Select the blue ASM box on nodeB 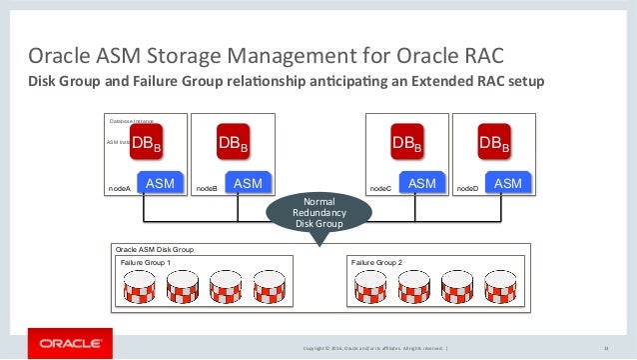coord(248,184)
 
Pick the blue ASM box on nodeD coord(507,184)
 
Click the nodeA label coord(119,187)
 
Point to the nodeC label coord(380,187)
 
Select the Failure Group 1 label coord(145,262)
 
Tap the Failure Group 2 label coord(376,262)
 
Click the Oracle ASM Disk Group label coord(155,248)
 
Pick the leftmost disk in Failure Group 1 coord(139,287)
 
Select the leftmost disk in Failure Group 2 coord(367,287)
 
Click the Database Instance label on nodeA coord(131,121)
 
